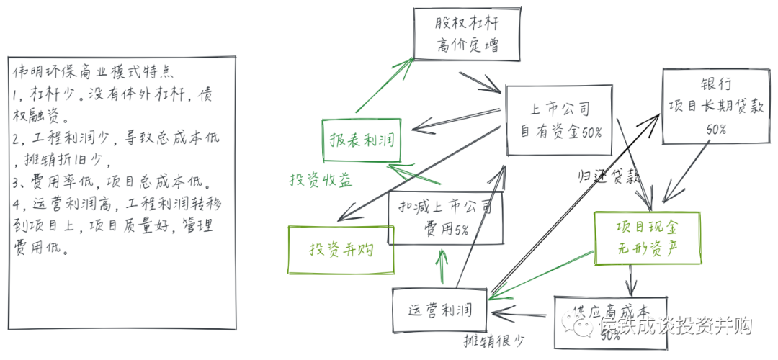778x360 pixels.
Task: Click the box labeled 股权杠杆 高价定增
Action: coord(467,35)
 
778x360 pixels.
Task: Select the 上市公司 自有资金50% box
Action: coord(560,120)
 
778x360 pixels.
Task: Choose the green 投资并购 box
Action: coord(341,249)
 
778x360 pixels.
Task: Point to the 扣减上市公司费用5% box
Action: coord(444,217)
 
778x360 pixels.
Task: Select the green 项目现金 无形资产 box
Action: coord(648,238)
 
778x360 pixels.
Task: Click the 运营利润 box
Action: coord(440,310)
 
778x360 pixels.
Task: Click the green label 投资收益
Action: coord(321,181)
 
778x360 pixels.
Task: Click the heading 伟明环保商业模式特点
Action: coord(89,73)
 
